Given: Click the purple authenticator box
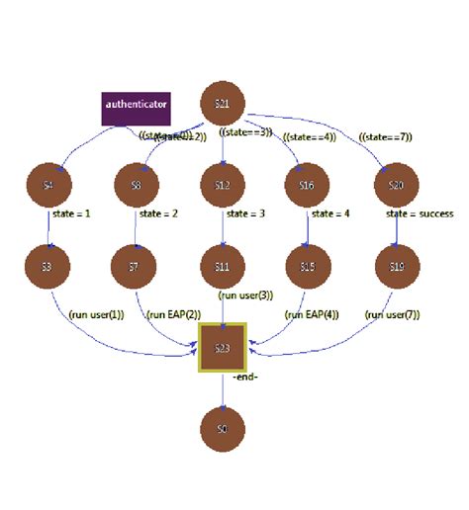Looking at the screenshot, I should [x=136, y=104].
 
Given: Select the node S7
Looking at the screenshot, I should [x=137, y=267].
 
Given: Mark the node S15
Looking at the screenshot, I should [x=308, y=267].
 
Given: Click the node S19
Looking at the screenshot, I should [x=396, y=267].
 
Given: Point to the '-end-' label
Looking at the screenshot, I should [x=246, y=378].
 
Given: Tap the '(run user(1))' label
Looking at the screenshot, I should [x=97, y=315].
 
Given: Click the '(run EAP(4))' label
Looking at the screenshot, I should [x=312, y=315].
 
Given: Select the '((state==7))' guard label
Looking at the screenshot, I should [x=387, y=136].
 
